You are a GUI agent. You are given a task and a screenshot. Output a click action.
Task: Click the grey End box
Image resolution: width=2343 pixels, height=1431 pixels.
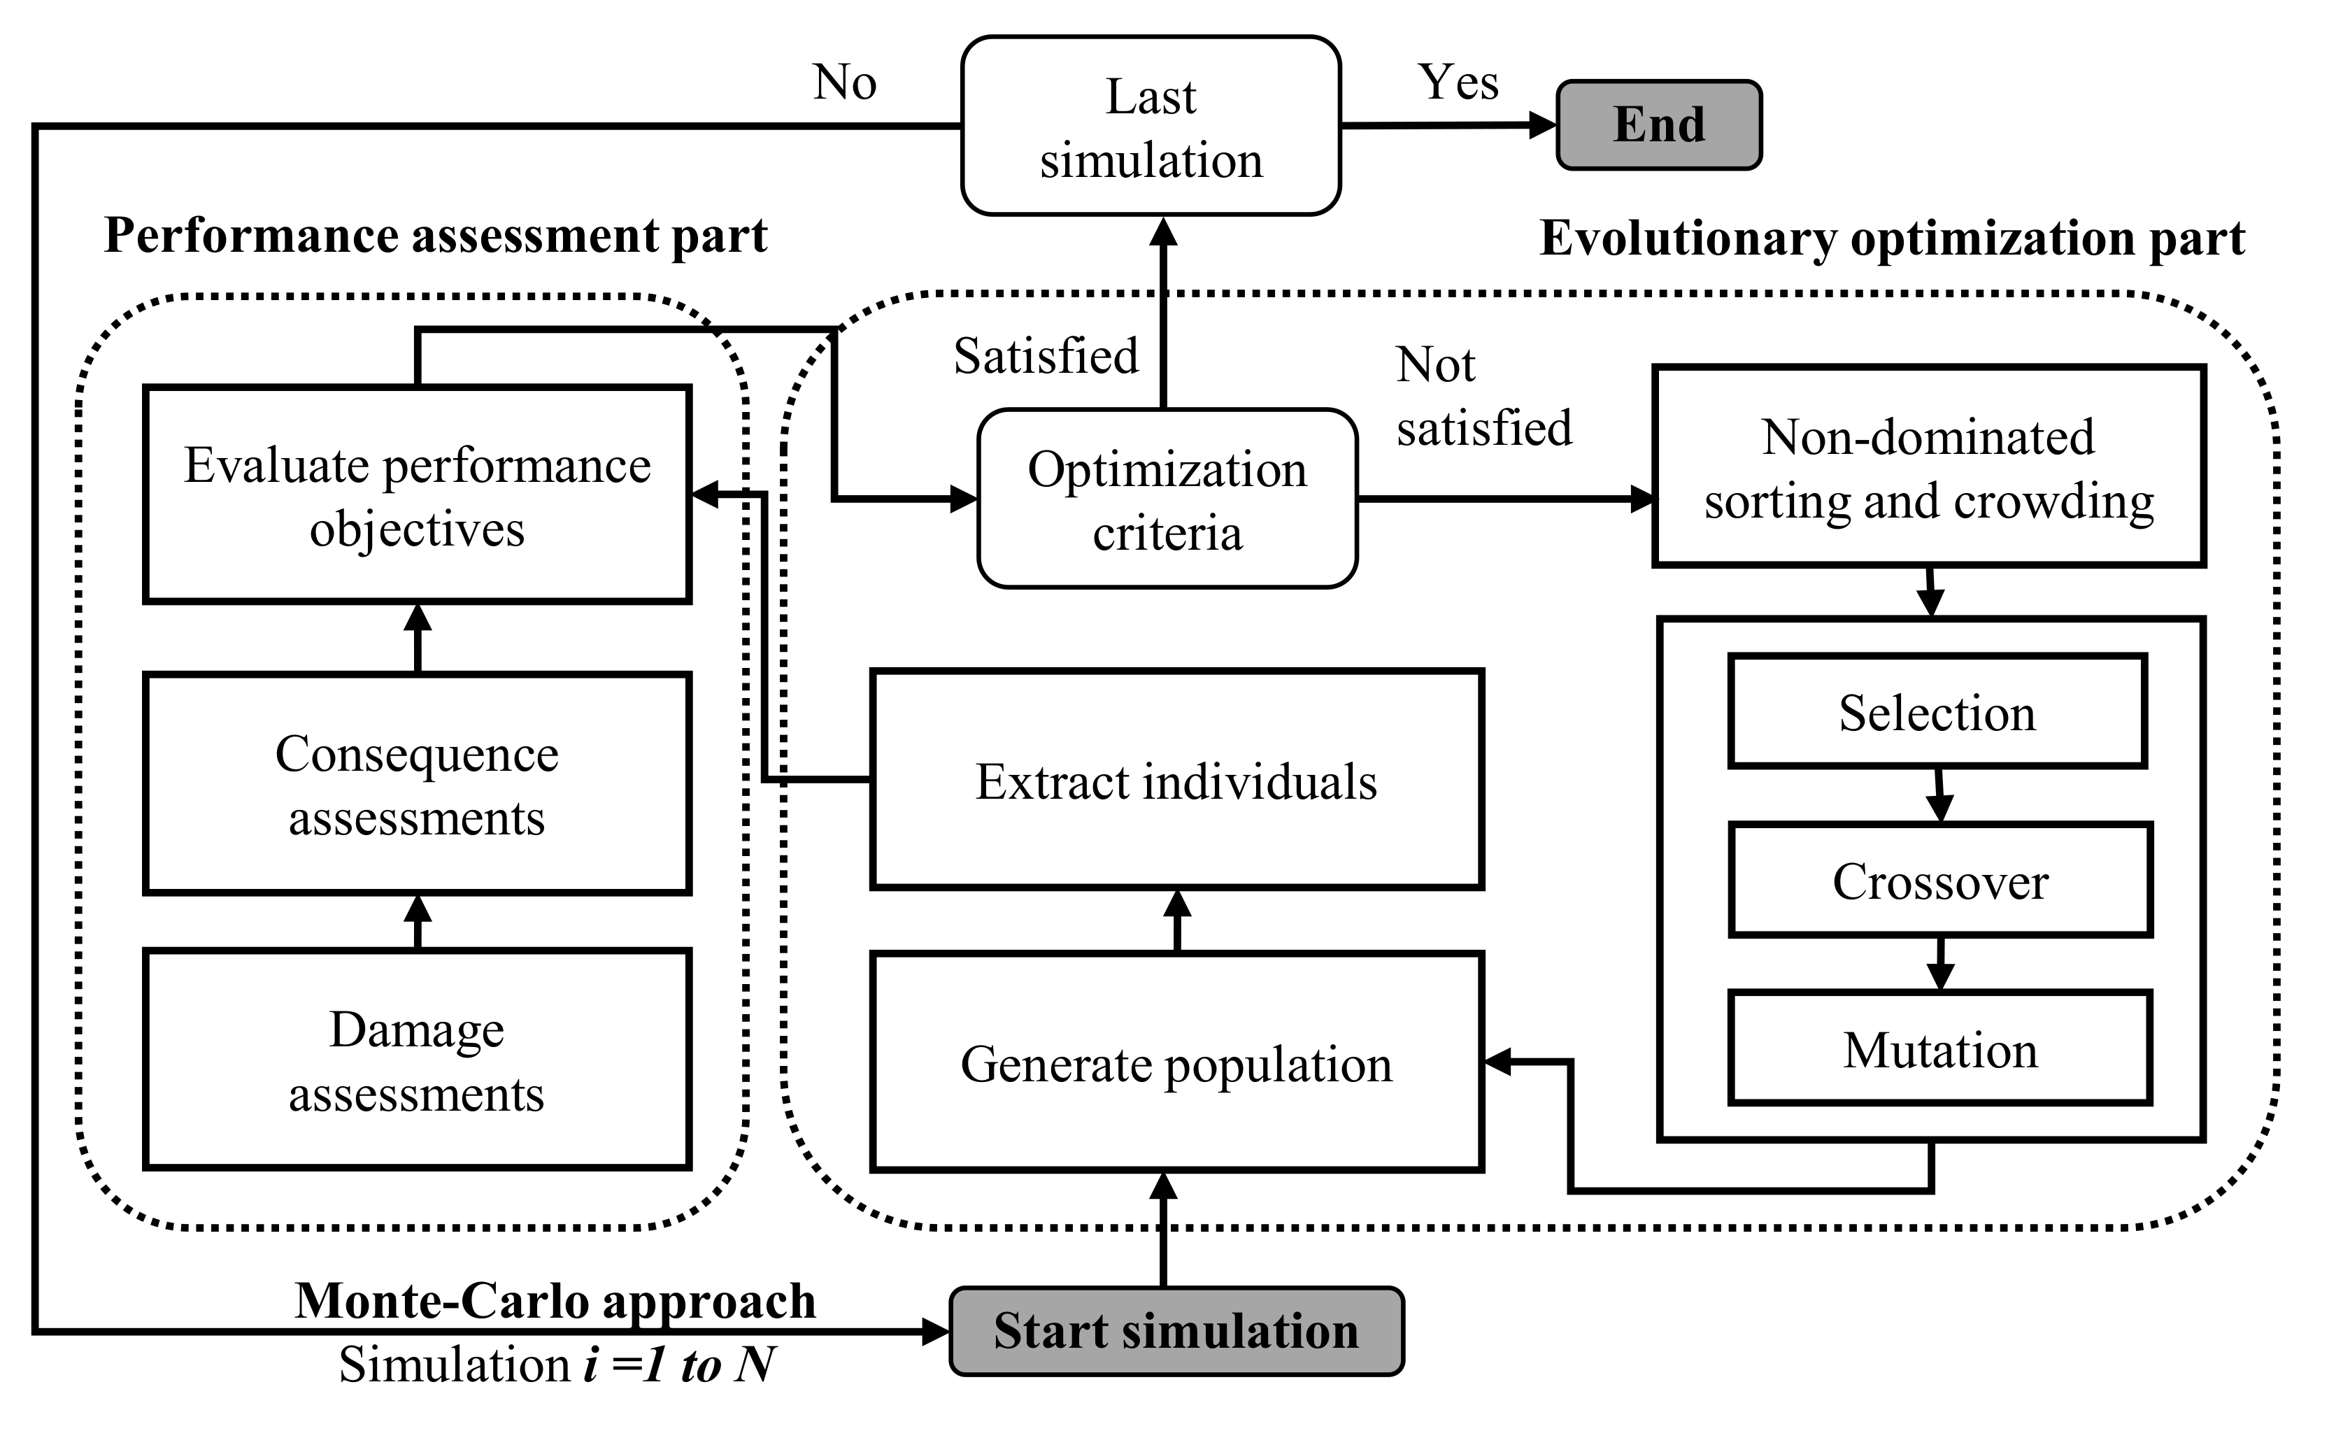[1658, 125]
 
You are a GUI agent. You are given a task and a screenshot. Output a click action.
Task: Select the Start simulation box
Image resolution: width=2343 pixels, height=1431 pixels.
[1176, 1330]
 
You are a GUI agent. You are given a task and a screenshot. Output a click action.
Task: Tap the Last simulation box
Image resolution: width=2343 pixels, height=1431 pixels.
[1151, 127]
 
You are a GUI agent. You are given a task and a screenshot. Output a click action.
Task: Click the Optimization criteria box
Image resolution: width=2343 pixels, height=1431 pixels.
[1167, 499]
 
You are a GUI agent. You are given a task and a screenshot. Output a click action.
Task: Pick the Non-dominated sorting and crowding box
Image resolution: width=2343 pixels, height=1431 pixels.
[1928, 466]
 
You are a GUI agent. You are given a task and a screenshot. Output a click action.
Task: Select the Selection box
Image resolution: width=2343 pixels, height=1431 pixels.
[1937, 711]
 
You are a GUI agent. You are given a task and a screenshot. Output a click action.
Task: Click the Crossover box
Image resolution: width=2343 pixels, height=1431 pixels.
[1940, 880]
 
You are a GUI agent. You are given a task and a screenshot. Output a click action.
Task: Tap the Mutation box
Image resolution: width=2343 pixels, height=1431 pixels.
[1940, 1048]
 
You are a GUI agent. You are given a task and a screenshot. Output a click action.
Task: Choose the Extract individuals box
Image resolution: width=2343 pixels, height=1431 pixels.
[1176, 780]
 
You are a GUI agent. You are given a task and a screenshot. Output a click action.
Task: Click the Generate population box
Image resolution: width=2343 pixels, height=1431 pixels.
[1176, 1062]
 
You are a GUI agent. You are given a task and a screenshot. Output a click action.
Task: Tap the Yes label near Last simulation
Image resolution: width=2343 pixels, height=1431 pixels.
[1458, 82]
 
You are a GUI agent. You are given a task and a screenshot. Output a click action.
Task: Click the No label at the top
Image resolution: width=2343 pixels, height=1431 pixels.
[844, 83]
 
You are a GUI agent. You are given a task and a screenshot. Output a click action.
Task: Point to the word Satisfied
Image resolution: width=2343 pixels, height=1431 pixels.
[1046, 357]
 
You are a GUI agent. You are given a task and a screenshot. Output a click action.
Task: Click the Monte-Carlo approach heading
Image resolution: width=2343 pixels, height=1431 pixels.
[555, 1300]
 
